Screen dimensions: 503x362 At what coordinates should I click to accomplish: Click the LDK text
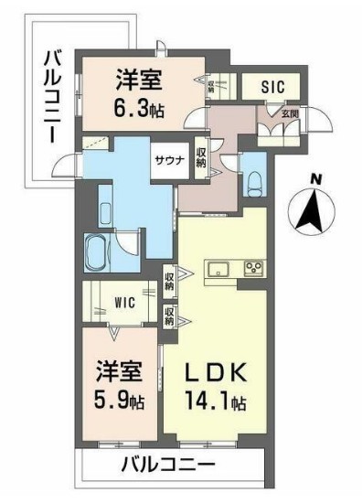(x=218, y=375)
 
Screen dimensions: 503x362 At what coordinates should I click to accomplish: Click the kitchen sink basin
(x=220, y=268)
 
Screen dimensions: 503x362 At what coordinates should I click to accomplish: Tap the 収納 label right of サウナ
(x=201, y=156)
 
